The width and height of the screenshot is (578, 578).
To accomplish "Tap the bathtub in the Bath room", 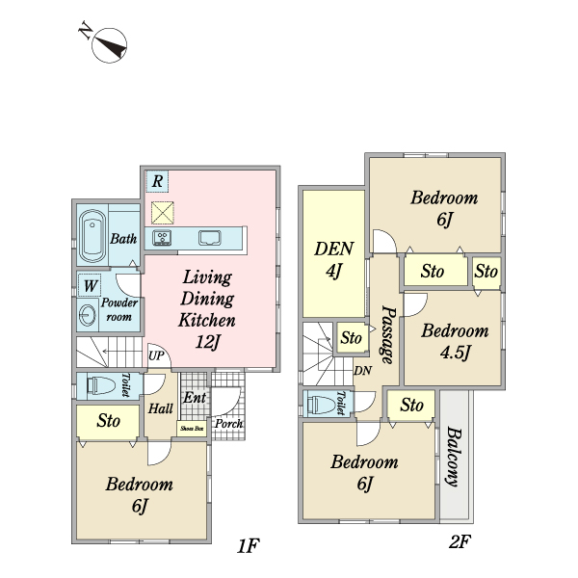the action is [x=92, y=236].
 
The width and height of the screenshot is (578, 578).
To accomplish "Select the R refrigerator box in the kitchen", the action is [x=157, y=181].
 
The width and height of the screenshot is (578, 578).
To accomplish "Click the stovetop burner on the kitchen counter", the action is [x=162, y=237].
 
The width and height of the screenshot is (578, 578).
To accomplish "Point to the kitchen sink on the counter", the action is [x=210, y=238].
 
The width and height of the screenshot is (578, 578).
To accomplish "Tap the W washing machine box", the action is [x=90, y=285].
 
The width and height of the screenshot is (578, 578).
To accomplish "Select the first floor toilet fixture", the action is [x=100, y=385].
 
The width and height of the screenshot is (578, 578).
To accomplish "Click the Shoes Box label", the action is [x=192, y=429].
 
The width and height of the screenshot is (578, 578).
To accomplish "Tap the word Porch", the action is [x=228, y=424].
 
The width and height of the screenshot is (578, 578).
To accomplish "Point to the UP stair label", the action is [x=156, y=355].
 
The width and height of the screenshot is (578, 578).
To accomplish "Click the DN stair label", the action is [x=363, y=371].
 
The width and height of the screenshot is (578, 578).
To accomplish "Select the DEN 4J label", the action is [x=334, y=260].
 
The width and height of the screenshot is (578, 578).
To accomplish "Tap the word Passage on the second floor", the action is [x=388, y=334].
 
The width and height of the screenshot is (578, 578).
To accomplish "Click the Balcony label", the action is [x=454, y=457].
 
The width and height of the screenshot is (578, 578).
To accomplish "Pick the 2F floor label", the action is [x=460, y=541].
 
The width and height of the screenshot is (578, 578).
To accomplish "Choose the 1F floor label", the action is [x=249, y=546].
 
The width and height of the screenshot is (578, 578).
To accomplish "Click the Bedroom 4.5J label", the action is [x=455, y=341].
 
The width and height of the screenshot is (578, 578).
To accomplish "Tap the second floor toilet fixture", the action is [x=322, y=405].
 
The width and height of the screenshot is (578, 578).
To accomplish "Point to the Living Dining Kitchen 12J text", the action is [x=207, y=309].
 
